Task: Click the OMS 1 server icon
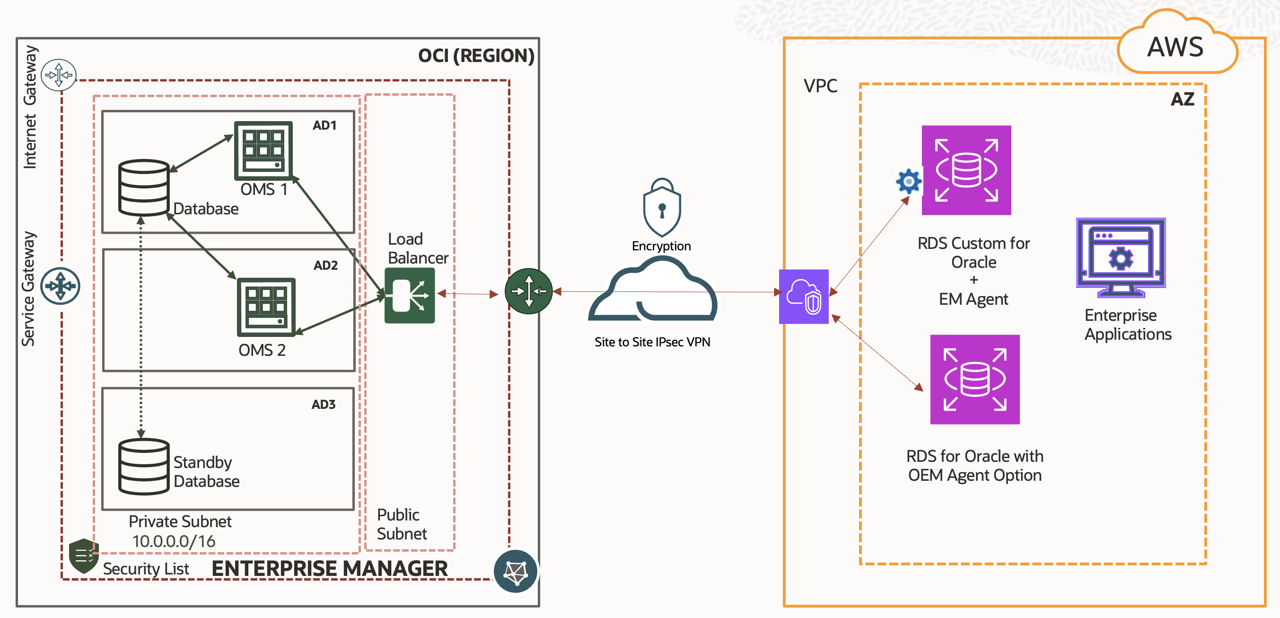point(263,150)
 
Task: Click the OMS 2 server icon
point(266,307)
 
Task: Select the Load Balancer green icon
point(410,295)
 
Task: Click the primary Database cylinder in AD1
point(144,187)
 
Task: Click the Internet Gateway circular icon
point(59,75)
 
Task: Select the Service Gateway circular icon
point(60,286)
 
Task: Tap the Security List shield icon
point(83,555)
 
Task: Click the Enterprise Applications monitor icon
point(1121,257)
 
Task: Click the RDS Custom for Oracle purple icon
point(966,170)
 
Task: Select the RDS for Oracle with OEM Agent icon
point(974,380)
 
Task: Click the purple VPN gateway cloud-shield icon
point(804,296)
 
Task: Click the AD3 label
point(324,404)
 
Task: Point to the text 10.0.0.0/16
point(174,541)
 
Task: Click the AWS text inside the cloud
point(1175,47)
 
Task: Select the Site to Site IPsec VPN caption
point(652,342)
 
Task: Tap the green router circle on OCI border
point(528,291)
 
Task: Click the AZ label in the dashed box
point(1182,99)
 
